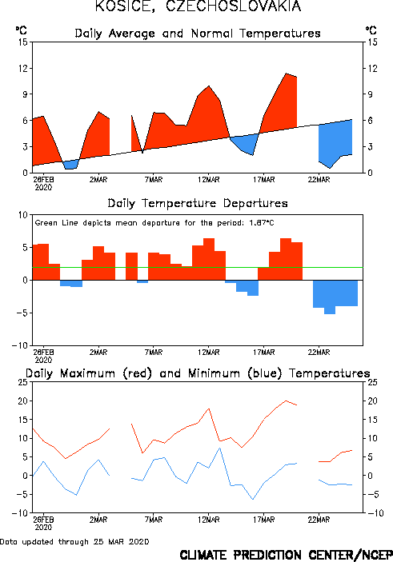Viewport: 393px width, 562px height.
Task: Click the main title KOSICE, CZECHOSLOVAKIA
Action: (x=198, y=6)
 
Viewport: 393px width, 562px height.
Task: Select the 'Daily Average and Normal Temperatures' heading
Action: (x=198, y=34)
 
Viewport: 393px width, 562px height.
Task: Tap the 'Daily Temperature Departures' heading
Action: (x=198, y=204)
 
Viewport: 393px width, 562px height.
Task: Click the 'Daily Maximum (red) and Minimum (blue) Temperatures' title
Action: (x=198, y=373)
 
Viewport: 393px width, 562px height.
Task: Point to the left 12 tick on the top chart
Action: (x=23, y=68)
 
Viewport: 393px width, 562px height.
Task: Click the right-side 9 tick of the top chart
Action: (x=369, y=94)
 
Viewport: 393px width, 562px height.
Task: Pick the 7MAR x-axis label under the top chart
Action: (x=154, y=180)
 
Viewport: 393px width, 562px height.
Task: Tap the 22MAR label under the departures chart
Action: (x=319, y=353)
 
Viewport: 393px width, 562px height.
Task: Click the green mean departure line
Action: (x=198, y=267)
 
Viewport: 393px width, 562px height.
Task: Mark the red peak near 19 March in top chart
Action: (x=286, y=74)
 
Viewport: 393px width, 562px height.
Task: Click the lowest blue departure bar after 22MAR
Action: (x=330, y=297)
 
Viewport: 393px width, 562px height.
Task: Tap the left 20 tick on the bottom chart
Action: (x=23, y=401)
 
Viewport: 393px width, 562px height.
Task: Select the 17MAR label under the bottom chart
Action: (x=264, y=520)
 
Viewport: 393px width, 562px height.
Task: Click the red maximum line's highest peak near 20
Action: (x=286, y=401)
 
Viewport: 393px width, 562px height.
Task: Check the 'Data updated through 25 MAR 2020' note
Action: (x=74, y=542)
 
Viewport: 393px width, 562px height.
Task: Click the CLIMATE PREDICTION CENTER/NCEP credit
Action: (x=286, y=555)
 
